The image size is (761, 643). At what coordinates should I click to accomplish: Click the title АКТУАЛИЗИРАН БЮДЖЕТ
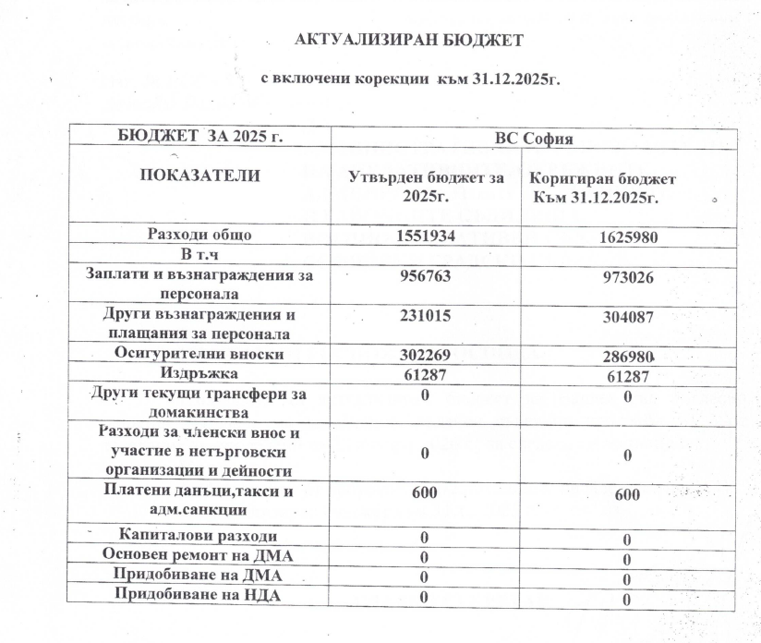(408, 40)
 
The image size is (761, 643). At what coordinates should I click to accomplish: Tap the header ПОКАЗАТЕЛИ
(199, 175)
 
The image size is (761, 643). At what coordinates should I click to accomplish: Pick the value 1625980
(627, 237)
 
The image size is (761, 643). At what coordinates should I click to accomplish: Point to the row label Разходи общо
(199, 235)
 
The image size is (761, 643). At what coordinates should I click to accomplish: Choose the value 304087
(627, 318)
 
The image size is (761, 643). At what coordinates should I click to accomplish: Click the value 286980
(627, 357)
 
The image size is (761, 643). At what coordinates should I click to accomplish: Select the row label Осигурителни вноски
(199, 354)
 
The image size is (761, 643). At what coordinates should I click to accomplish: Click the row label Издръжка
(199, 373)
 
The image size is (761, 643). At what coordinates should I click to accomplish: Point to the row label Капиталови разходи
(199, 536)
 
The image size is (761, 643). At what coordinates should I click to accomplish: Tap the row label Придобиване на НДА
(199, 595)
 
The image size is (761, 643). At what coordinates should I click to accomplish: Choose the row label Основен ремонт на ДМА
(199, 555)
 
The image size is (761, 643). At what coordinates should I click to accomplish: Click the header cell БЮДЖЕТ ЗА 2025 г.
(200, 137)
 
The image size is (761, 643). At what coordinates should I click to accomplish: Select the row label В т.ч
(199, 253)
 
